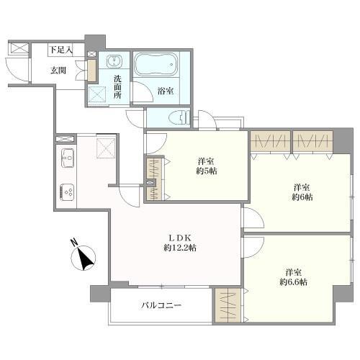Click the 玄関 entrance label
(x=58, y=71)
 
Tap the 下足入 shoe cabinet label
(x=61, y=50)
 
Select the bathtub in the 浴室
(x=156, y=64)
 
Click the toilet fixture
(x=179, y=117)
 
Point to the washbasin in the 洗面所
(x=114, y=60)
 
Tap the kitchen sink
(x=68, y=158)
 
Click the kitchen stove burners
(x=67, y=192)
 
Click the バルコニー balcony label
(x=161, y=305)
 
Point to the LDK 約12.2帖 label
(x=180, y=243)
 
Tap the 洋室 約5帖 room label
(x=207, y=166)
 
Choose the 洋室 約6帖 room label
(x=302, y=192)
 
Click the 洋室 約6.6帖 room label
(x=294, y=277)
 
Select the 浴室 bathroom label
(x=166, y=91)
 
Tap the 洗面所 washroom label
(x=117, y=86)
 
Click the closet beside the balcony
(x=228, y=305)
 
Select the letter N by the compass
(x=75, y=243)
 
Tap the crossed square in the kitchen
(x=106, y=148)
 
